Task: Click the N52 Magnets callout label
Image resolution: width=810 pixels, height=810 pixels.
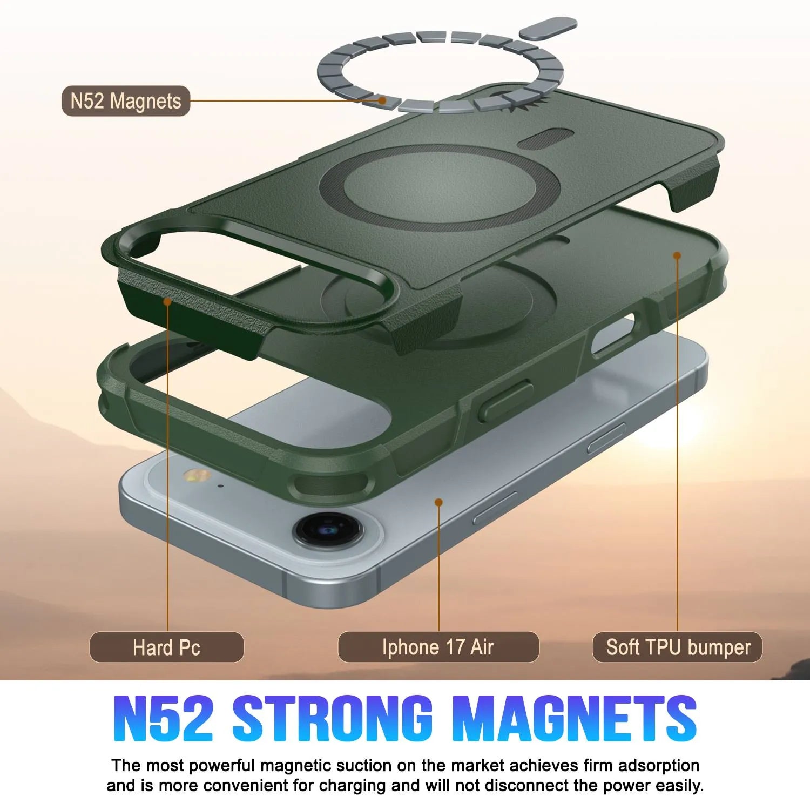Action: pos(126,101)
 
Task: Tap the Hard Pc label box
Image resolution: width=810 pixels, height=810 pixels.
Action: pos(166,647)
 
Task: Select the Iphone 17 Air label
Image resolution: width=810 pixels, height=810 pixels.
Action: pos(438,647)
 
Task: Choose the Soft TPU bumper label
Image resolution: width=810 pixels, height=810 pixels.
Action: pos(678,647)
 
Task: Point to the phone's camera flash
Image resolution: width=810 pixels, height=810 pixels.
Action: pos(196,476)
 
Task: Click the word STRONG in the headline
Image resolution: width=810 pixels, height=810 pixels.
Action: pos(333,719)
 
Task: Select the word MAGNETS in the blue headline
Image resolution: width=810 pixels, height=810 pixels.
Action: pos(573,719)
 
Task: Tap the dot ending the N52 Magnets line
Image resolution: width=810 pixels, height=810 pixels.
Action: pos(382,100)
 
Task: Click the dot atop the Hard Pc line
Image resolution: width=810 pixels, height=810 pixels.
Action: pos(168,301)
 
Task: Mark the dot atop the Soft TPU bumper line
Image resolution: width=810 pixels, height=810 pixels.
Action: pos(677,255)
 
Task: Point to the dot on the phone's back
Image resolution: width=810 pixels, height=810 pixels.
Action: pos(438,502)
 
